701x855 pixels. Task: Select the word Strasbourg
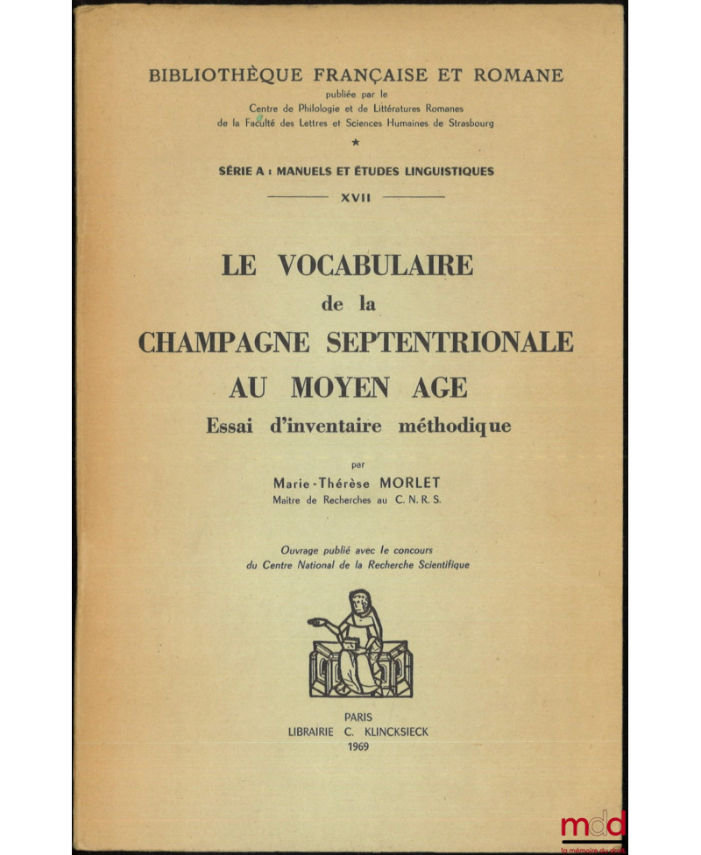(x=464, y=124)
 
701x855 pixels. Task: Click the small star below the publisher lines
(x=355, y=142)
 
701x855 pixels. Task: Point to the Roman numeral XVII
(x=356, y=198)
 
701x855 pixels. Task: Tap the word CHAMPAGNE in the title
(x=224, y=341)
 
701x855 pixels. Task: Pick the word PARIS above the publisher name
(x=357, y=716)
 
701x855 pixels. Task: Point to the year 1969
(x=358, y=747)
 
